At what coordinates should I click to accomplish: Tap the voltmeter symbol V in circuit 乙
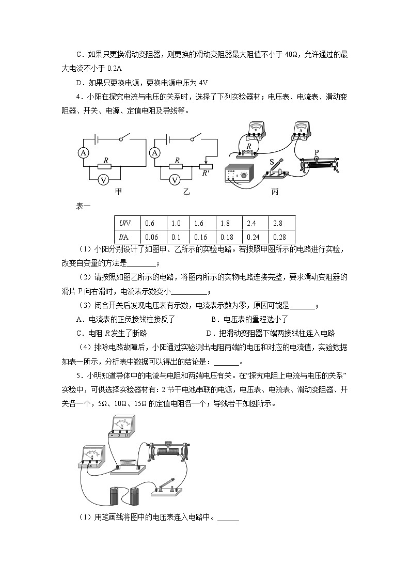(x=175, y=180)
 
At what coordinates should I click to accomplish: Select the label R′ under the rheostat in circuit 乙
(x=206, y=173)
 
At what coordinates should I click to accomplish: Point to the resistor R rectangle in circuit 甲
(x=105, y=167)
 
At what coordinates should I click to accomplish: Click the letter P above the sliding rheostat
(x=317, y=151)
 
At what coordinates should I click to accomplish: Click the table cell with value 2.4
(x=251, y=223)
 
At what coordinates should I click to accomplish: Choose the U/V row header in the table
(x=125, y=223)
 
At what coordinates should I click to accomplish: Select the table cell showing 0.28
(x=279, y=237)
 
